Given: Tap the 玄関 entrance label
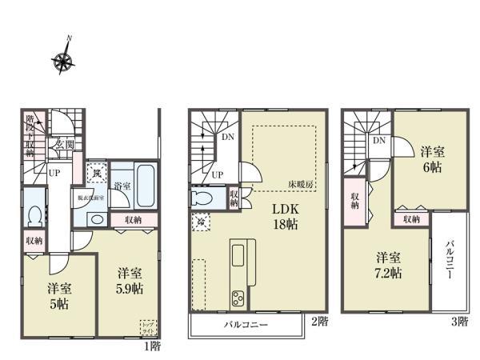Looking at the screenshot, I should pyautogui.click(x=65, y=146).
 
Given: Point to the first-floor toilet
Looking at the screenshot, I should pyautogui.click(x=33, y=217).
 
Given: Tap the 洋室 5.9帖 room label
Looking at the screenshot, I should pyautogui.click(x=126, y=278).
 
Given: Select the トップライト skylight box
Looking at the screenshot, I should pyautogui.click(x=149, y=327).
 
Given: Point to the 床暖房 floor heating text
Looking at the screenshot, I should pyautogui.click(x=302, y=184).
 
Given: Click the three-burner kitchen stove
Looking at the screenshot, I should pyautogui.click(x=238, y=298).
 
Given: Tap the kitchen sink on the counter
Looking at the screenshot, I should pyautogui.click(x=239, y=256).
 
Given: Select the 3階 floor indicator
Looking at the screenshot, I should pyautogui.click(x=458, y=322).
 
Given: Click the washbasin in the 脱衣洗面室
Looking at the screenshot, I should pyautogui.click(x=97, y=218).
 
